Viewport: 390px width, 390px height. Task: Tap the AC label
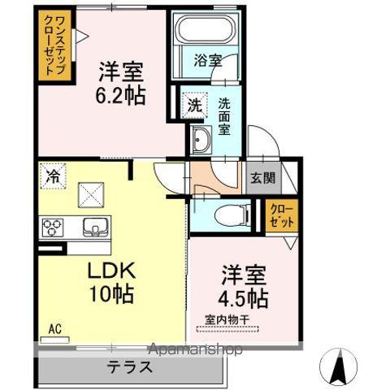pyautogui.click(x=55, y=329)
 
